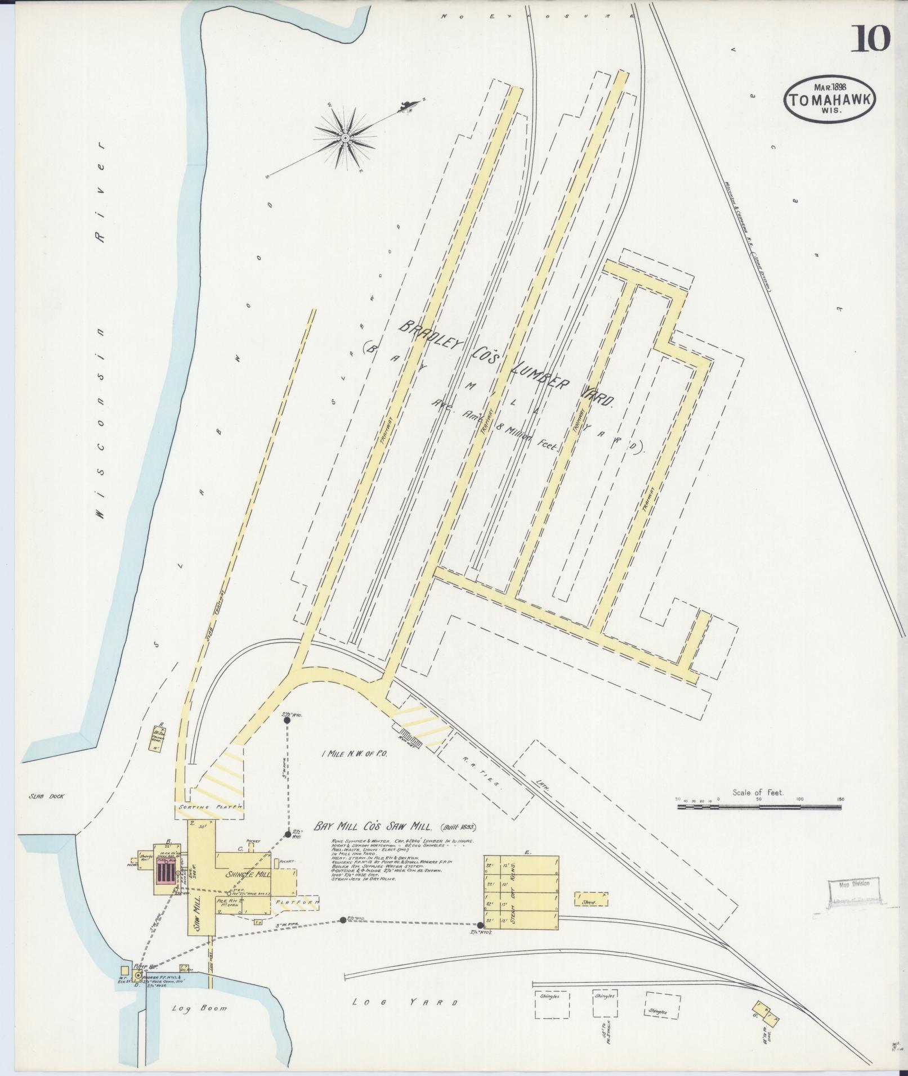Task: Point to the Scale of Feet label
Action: [758, 793]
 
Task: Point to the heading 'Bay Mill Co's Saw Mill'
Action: [373, 827]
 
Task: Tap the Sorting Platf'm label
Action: [209, 807]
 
